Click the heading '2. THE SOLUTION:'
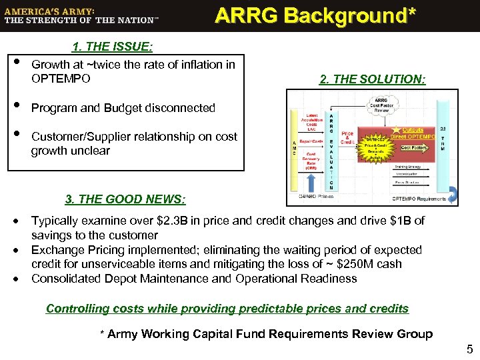372,79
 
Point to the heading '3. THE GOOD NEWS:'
125,199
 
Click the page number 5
469,349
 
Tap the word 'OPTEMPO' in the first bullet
57,79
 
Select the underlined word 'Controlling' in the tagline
77,309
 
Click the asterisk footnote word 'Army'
124,334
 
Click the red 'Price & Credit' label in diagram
347,138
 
